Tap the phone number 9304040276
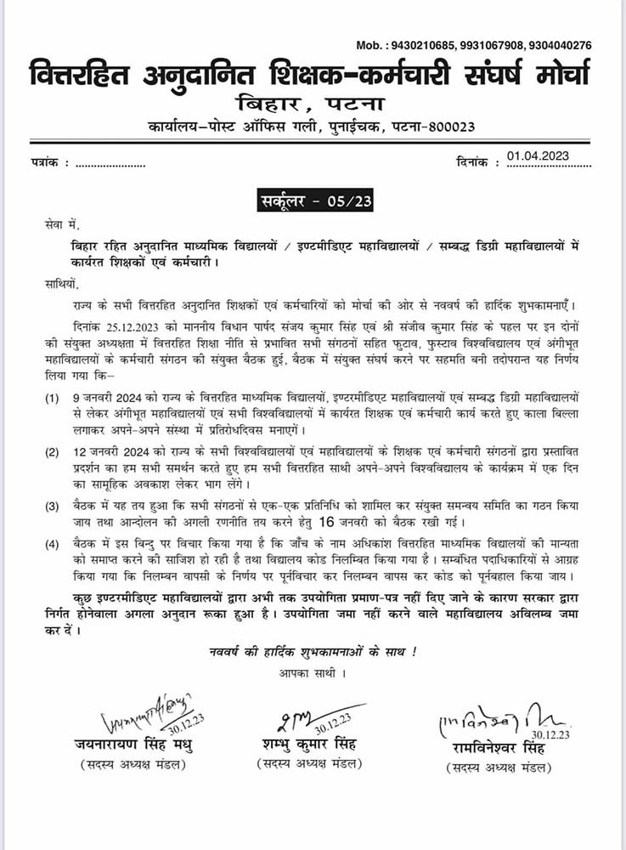(558, 45)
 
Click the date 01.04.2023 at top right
(537, 156)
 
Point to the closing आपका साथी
(315, 673)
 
